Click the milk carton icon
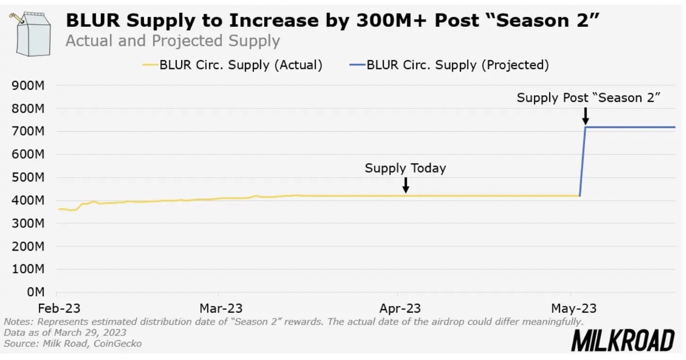(32, 34)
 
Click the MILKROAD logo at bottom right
(622, 341)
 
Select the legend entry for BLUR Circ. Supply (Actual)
(233, 65)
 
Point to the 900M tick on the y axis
(31, 86)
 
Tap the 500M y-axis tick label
(31, 177)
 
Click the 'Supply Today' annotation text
(405, 168)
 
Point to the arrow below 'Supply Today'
(406, 185)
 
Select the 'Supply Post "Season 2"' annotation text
(588, 98)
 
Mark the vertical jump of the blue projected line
(583, 161)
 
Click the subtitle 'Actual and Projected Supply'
(173, 41)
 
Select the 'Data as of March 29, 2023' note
(65, 333)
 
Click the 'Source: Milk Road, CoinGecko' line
(73, 343)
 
